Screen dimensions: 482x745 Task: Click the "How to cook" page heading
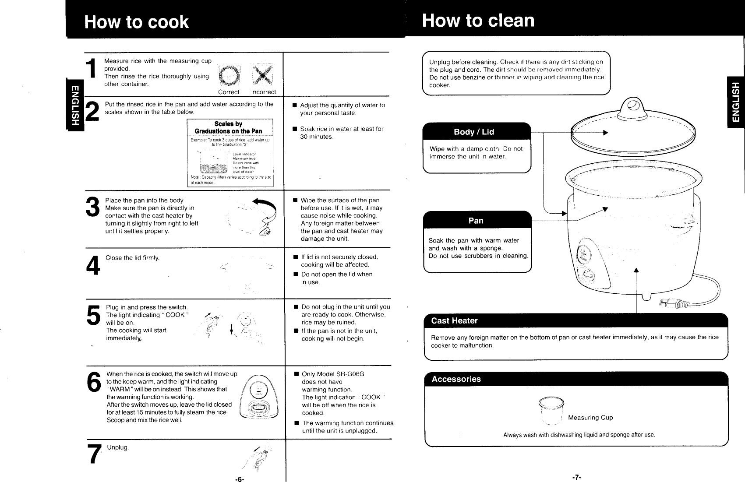pos(136,22)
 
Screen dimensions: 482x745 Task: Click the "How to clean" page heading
pos(478,21)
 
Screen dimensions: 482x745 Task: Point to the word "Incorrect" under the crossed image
pos(263,92)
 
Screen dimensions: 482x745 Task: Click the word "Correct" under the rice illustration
pos(229,92)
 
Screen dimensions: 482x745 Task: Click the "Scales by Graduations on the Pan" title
pos(228,127)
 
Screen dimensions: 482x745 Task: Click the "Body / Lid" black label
pos(474,132)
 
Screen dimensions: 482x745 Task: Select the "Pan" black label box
pos(476,220)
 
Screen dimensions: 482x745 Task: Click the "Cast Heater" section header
pos(454,320)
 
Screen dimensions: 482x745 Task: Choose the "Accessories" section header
pos(456,379)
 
